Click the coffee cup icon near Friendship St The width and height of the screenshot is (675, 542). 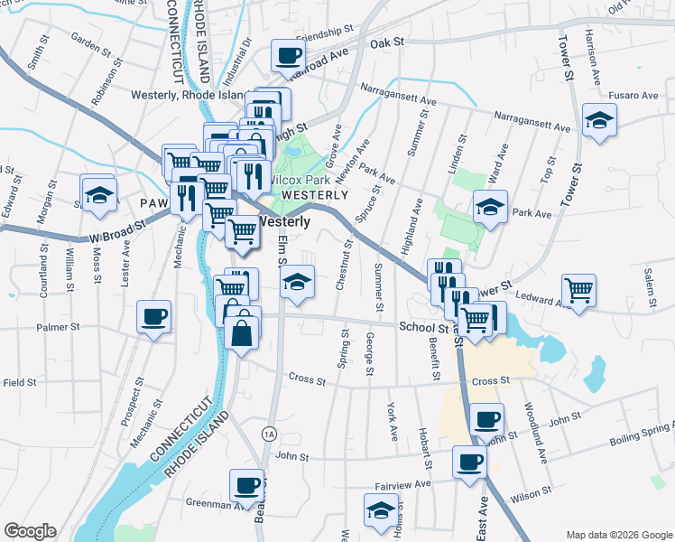(x=288, y=56)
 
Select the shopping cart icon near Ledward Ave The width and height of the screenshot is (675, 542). (x=578, y=290)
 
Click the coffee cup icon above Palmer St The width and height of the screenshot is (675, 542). (x=153, y=316)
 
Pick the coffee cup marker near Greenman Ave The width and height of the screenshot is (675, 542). (x=245, y=485)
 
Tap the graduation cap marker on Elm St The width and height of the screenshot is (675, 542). (x=296, y=282)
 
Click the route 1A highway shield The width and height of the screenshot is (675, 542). (x=268, y=434)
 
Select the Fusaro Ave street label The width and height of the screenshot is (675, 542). (x=638, y=96)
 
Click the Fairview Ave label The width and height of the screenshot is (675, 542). (x=430, y=484)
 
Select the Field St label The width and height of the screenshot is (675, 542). (x=19, y=383)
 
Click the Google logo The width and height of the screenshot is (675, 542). (x=30, y=531)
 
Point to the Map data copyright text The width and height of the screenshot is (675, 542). (x=619, y=535)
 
